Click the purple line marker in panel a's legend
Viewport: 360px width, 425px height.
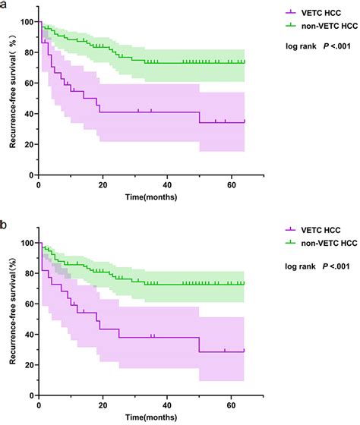(x=289, y=12)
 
